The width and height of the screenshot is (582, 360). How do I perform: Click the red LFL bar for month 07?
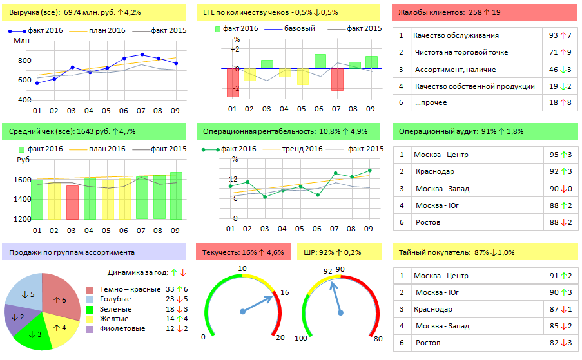click(x=337, y=79)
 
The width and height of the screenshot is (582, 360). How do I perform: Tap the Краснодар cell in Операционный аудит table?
click(x=434, y=171)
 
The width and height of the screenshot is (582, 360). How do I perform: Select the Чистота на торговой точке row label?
click(x=461, y=52)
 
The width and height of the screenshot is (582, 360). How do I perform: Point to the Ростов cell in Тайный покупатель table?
click(x=427, y=343)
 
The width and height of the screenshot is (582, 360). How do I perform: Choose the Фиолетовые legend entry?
click(x=113, y=328)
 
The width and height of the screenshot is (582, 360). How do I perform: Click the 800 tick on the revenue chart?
click(x=24, y=61)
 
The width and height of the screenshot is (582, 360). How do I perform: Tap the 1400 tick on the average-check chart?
click(x=22, y=199)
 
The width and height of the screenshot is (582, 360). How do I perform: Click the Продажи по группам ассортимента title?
click(x=72, y=252)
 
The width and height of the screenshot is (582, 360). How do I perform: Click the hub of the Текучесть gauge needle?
click(x=242, y=312)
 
